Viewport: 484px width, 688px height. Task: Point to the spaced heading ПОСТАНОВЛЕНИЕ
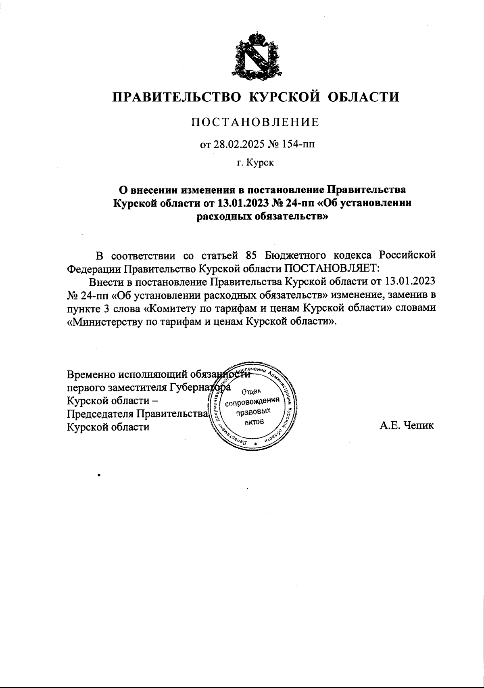(x=255, y=122)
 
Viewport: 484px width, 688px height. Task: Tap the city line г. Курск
(x=255, y=163)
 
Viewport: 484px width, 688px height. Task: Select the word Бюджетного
(x=296, y=255)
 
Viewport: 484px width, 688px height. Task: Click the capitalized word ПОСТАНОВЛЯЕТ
(x=330, y=268)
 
